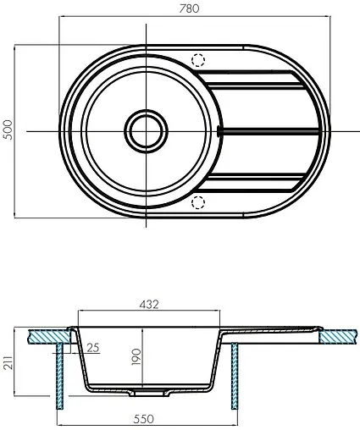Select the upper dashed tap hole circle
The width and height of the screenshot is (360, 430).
(198, 60)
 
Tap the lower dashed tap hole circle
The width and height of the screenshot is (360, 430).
(198, 201)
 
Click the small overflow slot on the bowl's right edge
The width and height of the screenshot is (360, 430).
(219, 131)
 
